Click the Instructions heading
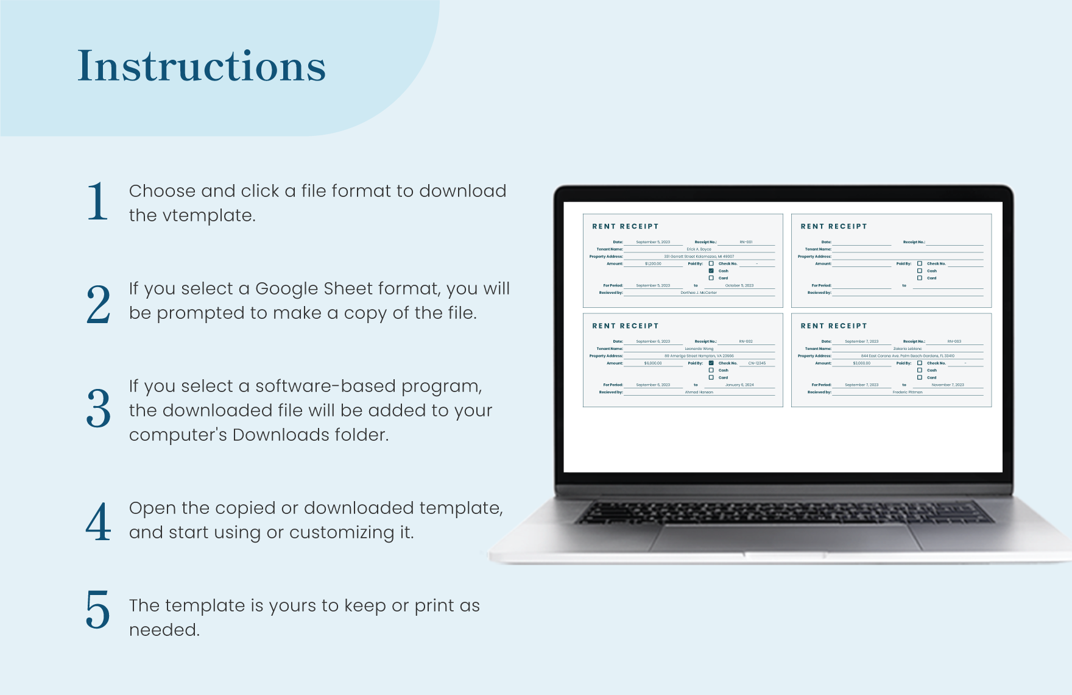pyautogui.click(x=202, y=66)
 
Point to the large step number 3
pyautogui.click(x=98, y=408)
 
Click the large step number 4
pyautogui.click(x=98, y=522)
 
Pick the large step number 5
pyautogui.click(x=98, y=609)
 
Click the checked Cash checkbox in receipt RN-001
pyautogui.click(x=711, y=271)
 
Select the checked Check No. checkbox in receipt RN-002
pyautogui.click(x=711, y=363)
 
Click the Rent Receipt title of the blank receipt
pyautogui.click(x=833, y=226)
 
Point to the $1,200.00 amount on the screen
pyautogui.click(x=653, y=264)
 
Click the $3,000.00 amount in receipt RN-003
pyautogui.click(x=861, y=363)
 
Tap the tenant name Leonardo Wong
pyautogui.click(x=699, y=349)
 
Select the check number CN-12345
pyautogui.click(x=756, y=363)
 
